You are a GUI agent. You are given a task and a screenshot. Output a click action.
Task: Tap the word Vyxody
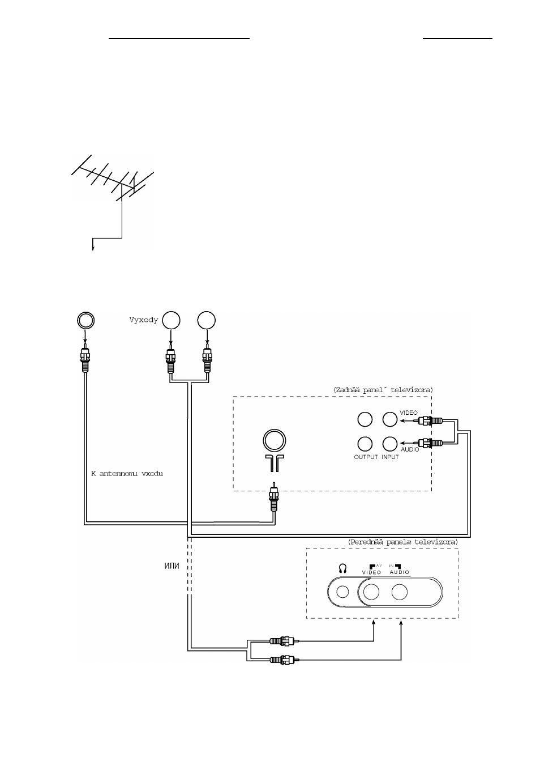click(x=144, y=320)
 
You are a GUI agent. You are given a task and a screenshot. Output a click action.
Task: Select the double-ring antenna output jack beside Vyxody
click(x=85, y=321)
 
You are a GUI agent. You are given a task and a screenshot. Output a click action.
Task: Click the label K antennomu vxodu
click(x=127, y=473)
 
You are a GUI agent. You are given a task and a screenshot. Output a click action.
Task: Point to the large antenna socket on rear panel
click(x=275, y=440)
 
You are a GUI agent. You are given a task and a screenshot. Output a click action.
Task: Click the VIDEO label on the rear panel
click(x=408, y=413)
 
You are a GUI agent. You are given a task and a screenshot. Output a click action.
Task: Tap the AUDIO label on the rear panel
click(x=410, y=449)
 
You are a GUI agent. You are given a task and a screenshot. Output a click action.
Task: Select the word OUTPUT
click(x=366, y=457)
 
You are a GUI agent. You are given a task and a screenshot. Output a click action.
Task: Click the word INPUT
click(x=390, y=457)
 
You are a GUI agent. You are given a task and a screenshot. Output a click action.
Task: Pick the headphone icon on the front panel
click(x=342, y=568)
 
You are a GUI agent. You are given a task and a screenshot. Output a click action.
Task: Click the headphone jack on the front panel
click(x=342, y=592)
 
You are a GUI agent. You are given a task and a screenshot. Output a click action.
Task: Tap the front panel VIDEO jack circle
click(x=371, y=592)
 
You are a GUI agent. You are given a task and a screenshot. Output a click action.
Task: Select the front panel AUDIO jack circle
click(x=400, y=592)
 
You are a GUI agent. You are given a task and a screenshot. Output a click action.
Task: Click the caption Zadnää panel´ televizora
click(x=383, y=389)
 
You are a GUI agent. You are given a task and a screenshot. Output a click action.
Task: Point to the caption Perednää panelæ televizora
click(x=402, y=542)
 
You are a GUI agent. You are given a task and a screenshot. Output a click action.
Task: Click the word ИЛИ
click(x=172, y=566)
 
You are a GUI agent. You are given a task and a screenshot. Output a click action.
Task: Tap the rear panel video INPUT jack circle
click(x=389, y=419)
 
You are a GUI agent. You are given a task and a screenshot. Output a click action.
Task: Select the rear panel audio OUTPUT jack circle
click(x=365, y=444)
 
